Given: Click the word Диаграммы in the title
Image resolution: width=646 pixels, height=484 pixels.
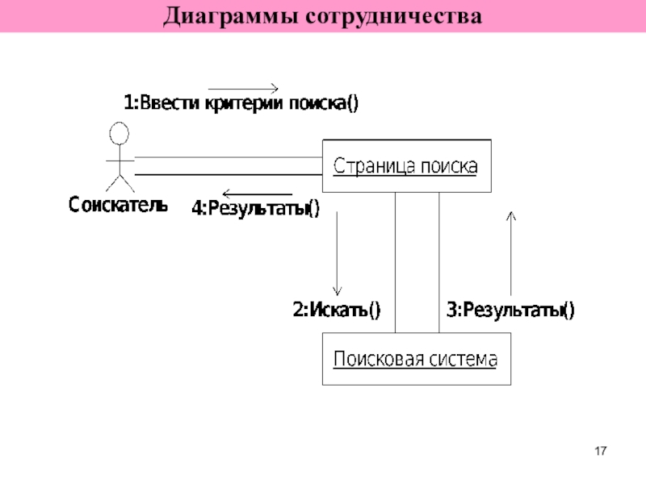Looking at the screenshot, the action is [x=230, y=17].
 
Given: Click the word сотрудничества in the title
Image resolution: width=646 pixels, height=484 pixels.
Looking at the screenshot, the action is [x=394, y=17].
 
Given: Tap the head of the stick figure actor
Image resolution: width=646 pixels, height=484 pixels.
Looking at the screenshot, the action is [x=119, y=133].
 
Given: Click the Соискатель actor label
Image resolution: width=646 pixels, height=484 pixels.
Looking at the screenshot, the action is [x=118, y=205].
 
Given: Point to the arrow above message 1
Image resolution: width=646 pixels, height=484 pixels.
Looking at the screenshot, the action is [x=243, y=88].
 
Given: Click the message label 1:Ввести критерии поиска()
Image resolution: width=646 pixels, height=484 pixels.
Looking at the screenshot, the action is [x=241, y=103].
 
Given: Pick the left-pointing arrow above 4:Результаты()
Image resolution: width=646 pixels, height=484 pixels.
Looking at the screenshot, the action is [x=257, y=194].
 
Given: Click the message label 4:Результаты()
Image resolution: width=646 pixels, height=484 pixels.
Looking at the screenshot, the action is [x=255, y=208].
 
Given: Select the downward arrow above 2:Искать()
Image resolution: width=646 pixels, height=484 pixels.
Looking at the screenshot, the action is [x=337, y=253].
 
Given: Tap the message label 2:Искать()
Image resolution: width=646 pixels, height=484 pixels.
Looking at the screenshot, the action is [x=337, y=310].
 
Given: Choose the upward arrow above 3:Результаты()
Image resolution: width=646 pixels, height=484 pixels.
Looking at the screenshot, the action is [x=511, y=253].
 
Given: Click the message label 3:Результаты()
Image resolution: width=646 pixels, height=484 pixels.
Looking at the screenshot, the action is [x=510, y=310].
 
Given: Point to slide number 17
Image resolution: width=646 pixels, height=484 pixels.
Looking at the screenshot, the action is [x=601, y=451].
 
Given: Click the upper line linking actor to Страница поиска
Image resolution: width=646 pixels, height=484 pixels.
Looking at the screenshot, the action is [x=229, y=157].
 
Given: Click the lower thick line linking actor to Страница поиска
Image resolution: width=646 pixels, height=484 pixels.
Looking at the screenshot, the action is [x=229, y=175].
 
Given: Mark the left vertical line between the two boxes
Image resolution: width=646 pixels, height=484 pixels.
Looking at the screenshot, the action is [x=395, y=263].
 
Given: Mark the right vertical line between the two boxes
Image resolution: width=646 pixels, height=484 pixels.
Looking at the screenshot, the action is [x=438, y=263].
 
